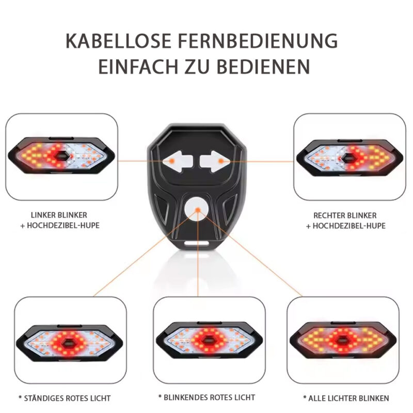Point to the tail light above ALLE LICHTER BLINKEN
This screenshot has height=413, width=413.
pyautogui.click(x=342, y=340)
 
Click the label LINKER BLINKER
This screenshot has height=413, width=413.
pyautogui.click(x=59, y=215)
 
